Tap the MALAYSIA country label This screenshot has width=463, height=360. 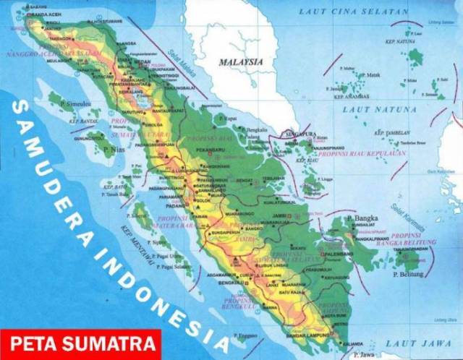click(242, 62)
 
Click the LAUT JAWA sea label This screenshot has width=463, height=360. click(409, 342)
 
